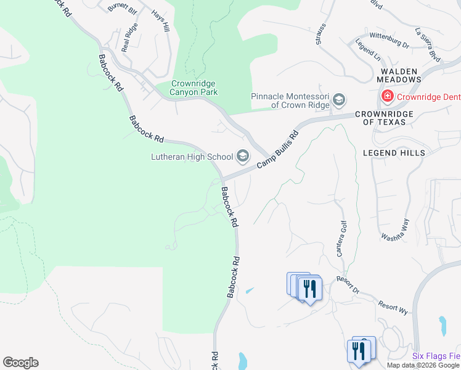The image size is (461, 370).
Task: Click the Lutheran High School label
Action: click(x=192, y=157)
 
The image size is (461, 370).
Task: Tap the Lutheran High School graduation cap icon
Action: click(x=242, y=157)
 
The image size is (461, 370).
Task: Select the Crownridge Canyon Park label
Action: click(x=194, y=88)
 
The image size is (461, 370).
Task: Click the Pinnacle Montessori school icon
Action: click(x=339, y=100)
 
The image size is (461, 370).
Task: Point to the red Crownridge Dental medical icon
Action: click(x=387, y=96)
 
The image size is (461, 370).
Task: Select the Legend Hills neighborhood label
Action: click(x=394, y=152)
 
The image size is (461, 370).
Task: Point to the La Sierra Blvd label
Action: click(x=428, y=44)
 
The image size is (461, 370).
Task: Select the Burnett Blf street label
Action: click(x=121, y=9)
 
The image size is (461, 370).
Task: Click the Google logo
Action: click(x=20, y=363)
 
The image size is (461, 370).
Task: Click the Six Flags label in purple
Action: click(x=436, y=356)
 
